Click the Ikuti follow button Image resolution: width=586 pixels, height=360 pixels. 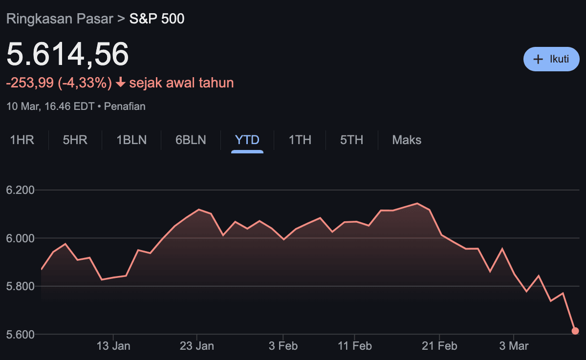[551, 59]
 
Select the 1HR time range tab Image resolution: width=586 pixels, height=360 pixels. [22, 140]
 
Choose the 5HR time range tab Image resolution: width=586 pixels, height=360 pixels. [75, 140]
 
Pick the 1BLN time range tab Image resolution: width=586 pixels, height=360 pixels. [131, 140]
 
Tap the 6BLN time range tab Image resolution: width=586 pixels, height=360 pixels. [191, 140]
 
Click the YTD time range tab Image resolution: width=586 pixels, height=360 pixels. [247, 140]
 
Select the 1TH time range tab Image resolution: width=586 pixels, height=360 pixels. [300, 140]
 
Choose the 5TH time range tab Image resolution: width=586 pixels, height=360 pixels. [352, 140]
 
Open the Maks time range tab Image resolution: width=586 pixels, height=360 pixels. [407, 140]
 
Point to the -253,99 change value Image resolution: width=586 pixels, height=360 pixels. [29, 83]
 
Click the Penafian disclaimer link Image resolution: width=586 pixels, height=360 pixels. [125, 106]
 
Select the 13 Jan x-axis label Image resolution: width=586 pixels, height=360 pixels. [113, 346]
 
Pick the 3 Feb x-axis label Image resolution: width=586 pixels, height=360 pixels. [283, 346]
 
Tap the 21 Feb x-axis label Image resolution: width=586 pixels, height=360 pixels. [440, 346]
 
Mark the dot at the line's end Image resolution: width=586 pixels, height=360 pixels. [575, 331]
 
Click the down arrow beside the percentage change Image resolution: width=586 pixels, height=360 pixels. [121, 83]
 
